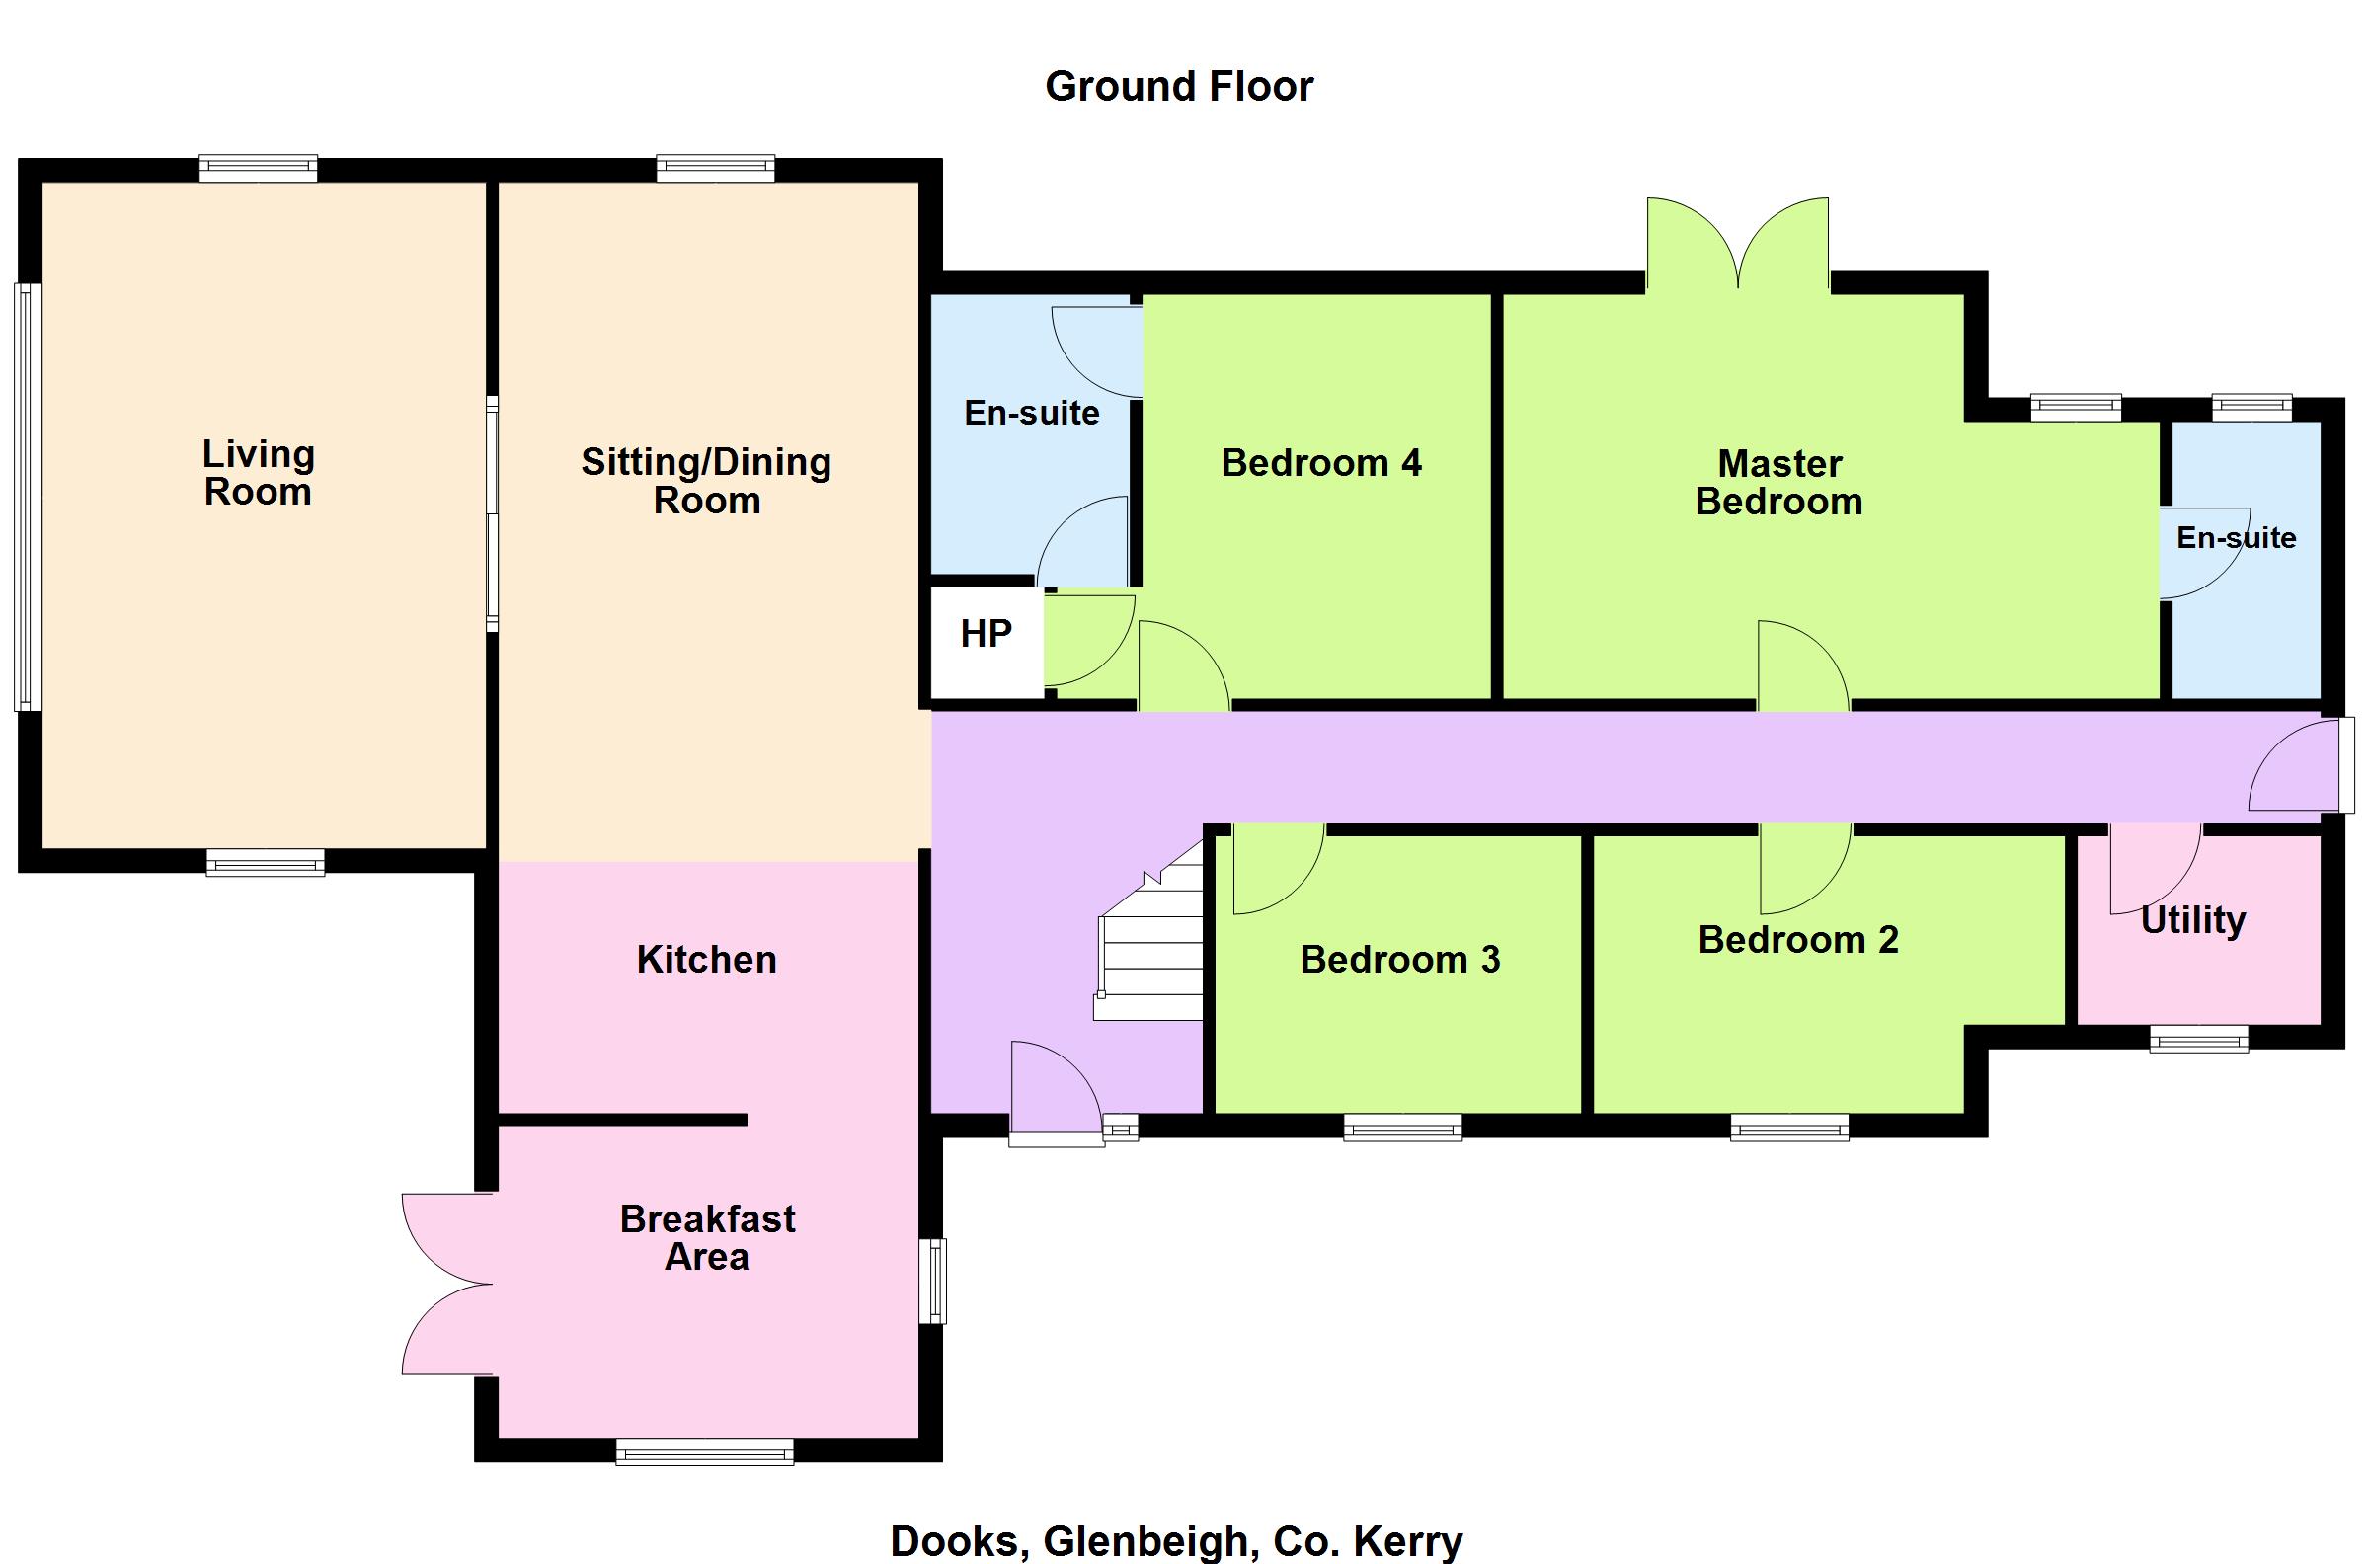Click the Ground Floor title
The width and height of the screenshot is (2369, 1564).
(x=1179, y=87)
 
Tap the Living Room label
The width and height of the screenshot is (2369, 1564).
(x=259, y=473)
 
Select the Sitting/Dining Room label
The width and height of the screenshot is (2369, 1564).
(x=706, y=481)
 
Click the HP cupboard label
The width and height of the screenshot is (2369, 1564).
(x=986, y=633)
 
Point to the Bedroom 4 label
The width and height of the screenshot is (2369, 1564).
(x=1321, y=463)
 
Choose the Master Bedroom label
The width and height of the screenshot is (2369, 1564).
(x=1779, y=482)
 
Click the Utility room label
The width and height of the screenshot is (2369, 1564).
(x=2193, y=920)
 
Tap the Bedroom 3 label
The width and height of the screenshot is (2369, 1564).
(x=1400, y=960)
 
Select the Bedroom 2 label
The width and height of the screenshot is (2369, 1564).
(x=1798, y=940)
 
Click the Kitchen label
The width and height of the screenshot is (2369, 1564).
(x=706, y=960)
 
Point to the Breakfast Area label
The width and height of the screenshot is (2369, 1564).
(x=707, y=1238)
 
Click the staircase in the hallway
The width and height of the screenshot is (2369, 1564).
(x=1150, y=933)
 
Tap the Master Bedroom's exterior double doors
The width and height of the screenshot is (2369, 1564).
(x=1738, y=246)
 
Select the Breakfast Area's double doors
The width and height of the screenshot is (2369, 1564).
(x=448, y=1284)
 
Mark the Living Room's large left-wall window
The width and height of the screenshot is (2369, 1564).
(x=28, y=497)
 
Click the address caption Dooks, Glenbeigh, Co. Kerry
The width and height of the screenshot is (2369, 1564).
(x=1176, y=1542)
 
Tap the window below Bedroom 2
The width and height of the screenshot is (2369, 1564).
(x=1789, y=1128)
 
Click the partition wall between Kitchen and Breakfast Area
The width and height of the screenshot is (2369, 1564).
(x=622, y=1120)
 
